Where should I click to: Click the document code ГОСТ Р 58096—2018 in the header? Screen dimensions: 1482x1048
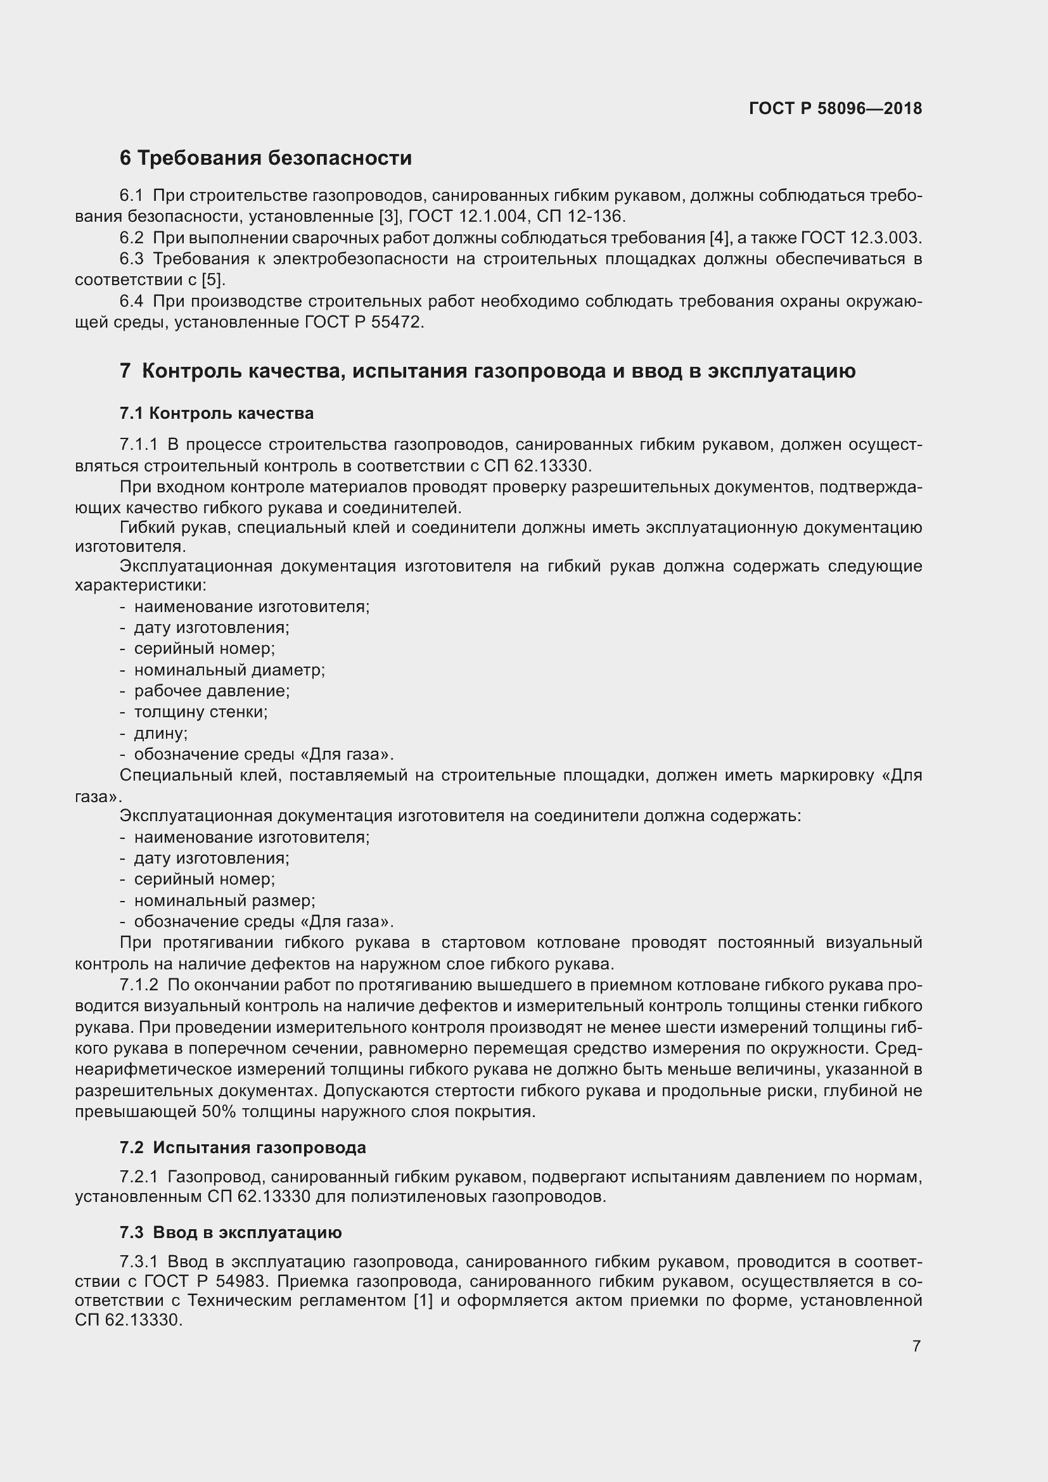(835, 108)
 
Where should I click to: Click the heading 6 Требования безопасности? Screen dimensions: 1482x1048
(265, 158)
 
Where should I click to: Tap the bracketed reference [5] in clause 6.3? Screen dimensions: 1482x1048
(213, 280)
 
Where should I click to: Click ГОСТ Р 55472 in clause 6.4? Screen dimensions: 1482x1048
(363, 322)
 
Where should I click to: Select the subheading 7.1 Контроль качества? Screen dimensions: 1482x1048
(216, 413)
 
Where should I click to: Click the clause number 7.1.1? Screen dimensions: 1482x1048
(138, 444)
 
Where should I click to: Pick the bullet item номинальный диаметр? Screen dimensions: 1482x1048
(229, 670)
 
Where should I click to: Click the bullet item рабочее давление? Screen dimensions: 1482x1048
(212, 691)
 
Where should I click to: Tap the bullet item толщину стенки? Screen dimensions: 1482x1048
(201, 712)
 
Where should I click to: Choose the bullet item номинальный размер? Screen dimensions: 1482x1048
(224, 900)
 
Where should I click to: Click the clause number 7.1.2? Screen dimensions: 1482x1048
(139, 985)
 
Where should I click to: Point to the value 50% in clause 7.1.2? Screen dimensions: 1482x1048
(219, 1111)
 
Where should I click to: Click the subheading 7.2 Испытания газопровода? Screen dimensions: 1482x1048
(242, 1147)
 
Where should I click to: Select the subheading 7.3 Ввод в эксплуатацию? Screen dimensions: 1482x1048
(231, 1232)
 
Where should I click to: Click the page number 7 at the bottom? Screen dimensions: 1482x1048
(916, 1346)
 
